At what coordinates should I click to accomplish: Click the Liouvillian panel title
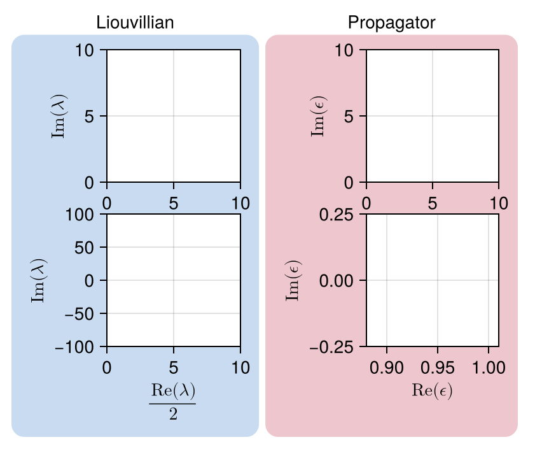135,23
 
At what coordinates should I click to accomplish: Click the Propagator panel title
391,23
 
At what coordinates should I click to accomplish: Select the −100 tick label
78,347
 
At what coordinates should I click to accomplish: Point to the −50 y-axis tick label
81,314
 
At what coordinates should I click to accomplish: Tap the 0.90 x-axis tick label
387,368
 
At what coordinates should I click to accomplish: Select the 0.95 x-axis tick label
438,368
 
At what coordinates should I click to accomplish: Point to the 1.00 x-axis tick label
489,368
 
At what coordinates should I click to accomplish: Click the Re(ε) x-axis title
432,390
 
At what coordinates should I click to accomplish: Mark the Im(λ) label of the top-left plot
61,116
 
